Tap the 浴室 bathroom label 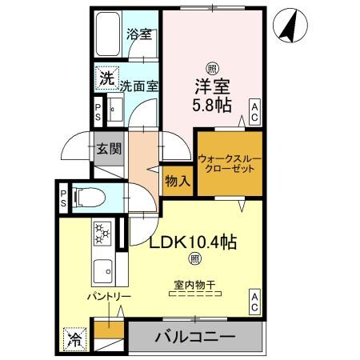(x=140, y=35)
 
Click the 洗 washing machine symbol (x=106, y=78)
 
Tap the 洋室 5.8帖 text (x=212, y=94)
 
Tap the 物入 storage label (x=177, y=181)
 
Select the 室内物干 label (x=194, y=283)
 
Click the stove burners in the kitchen (x=102, y=234)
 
